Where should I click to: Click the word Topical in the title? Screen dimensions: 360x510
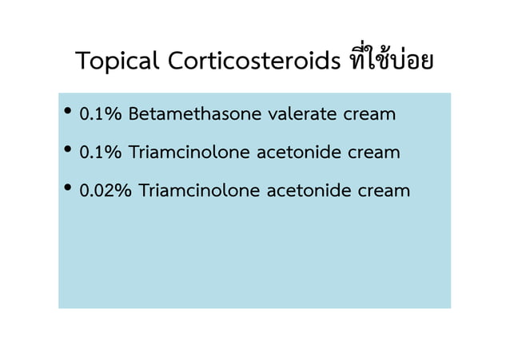pos(118,61)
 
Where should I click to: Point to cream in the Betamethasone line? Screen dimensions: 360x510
pos(369,115)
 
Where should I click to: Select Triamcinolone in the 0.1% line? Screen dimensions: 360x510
pos(189,152)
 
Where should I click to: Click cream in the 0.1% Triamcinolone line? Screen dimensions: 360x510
pos(374,153)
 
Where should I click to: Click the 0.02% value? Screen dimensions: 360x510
pos(106,191)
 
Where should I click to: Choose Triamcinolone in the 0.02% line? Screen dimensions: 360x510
pos(199,191)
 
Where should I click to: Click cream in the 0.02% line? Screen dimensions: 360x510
pos(384,192)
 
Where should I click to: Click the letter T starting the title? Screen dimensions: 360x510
pos(83,61)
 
